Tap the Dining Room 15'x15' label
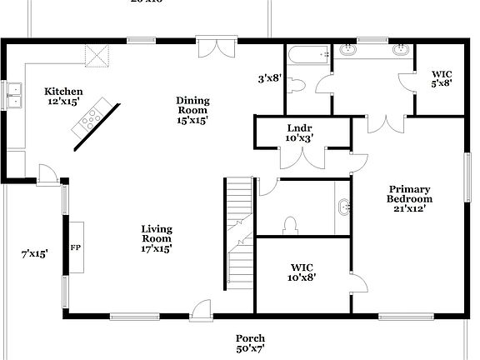coord(192,110)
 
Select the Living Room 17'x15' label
coord(156,238)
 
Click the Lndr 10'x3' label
coord(299,133)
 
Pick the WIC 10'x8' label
coord(302,272)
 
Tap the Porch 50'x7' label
coord(250,343)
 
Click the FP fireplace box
coord(75,247)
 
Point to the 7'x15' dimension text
coord(34,253)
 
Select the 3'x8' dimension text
coord(269,79)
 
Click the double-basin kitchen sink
coord(12,97)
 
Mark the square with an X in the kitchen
coord(98,57)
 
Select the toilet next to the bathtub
coord(299,85)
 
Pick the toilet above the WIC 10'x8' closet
coord(291,226)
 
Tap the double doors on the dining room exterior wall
coord(217,47)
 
